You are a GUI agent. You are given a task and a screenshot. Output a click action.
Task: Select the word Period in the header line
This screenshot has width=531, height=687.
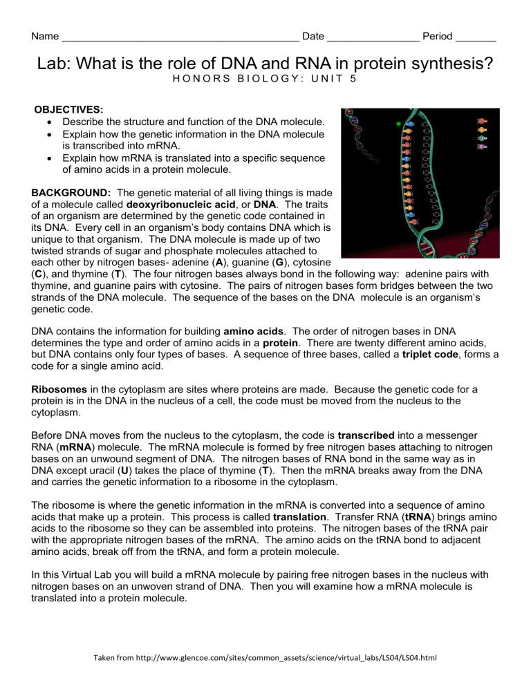[438, 36]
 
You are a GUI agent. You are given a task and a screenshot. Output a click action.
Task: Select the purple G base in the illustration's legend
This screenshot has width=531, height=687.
[482, 147]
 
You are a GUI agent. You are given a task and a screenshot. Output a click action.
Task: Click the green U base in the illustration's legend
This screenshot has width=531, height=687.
[482, 138]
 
